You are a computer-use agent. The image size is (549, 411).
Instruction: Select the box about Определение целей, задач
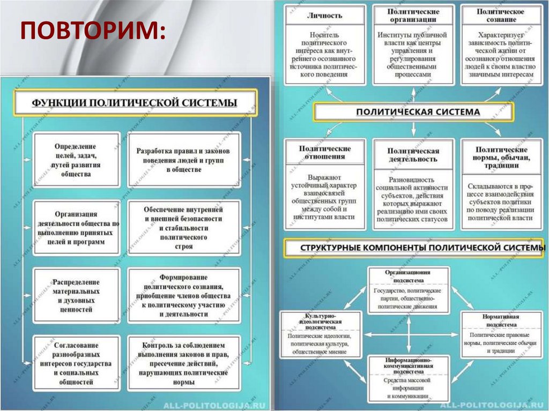pos(76,160)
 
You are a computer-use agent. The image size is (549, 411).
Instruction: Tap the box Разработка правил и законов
pos(183,160)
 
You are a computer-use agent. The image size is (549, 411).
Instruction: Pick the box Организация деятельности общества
pos(76,227)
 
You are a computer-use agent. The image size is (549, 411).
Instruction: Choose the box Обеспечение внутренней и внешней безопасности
pos(183,227)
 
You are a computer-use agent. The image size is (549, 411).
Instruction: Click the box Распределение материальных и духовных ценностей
pos(76,295)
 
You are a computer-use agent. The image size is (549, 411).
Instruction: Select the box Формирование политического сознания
pos(183,295)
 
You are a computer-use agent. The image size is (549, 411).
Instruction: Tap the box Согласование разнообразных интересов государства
pos(76,363)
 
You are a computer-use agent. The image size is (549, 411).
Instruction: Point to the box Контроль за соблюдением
pos(183,363)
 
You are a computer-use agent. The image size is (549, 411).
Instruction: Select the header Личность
pos(325,15)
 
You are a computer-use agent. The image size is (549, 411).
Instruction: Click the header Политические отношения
pos(325,152)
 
